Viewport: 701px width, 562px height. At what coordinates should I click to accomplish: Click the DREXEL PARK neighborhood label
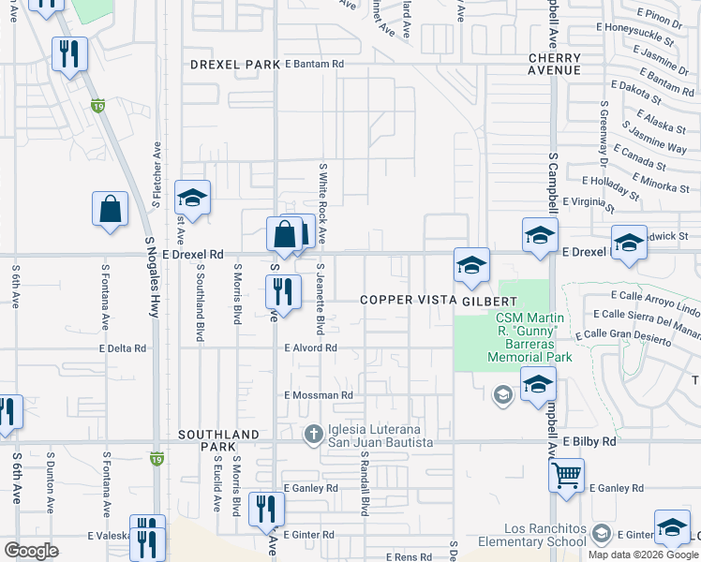(235, 65)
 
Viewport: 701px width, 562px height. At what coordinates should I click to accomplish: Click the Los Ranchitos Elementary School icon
(602, 535)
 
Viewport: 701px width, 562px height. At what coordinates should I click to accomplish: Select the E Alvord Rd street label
(310, 348)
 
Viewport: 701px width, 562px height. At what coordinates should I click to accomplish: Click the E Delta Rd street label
(127, 348)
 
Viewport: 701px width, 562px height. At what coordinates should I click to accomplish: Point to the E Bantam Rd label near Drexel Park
(315, 64)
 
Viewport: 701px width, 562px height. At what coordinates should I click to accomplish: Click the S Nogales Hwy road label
(149, 274)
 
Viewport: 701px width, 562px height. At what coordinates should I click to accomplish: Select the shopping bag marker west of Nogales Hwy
(111, 210)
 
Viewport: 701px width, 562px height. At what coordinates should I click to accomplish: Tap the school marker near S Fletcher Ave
(192, 198)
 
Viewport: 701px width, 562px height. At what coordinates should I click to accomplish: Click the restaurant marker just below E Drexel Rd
(283, 293)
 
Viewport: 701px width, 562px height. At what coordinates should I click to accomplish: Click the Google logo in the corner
(31, 551)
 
